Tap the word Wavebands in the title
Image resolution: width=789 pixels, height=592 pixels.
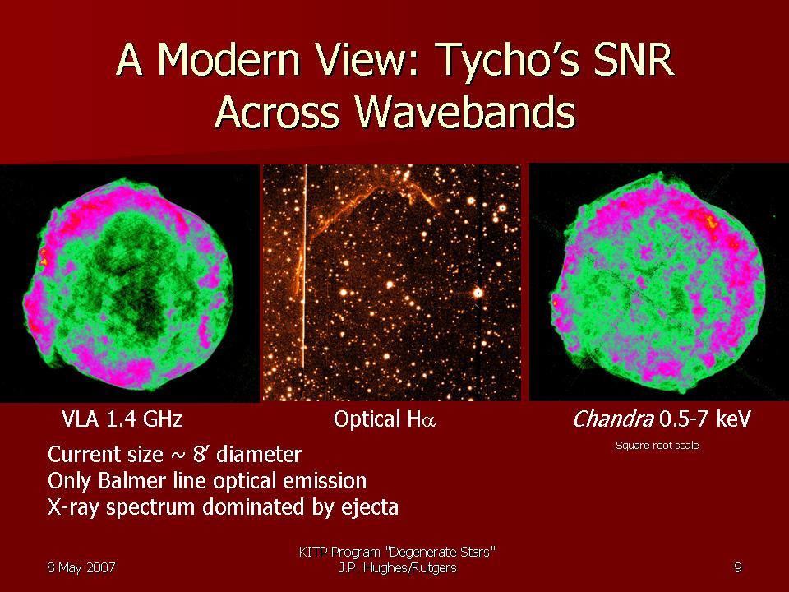(465, 111)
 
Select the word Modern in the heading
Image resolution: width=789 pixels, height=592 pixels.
(228, 59)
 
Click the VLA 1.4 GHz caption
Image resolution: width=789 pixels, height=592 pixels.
(122, 419)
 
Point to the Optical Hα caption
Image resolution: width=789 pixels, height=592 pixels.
(385, 419)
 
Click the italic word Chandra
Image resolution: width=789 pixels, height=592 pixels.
(613, 419)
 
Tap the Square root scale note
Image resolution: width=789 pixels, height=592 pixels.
(657, 445)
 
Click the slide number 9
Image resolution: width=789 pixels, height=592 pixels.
(738, 568)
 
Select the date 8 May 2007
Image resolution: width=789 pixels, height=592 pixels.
(81, 568)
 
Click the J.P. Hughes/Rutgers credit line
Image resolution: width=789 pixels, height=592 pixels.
(398, 568)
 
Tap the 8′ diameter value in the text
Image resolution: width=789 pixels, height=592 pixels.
(247, 455)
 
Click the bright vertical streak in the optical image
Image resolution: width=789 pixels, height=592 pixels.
(304, 266)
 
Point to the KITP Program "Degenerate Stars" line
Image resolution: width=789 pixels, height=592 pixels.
(397, 553)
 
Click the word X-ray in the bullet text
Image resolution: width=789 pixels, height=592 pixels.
(75, 507)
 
